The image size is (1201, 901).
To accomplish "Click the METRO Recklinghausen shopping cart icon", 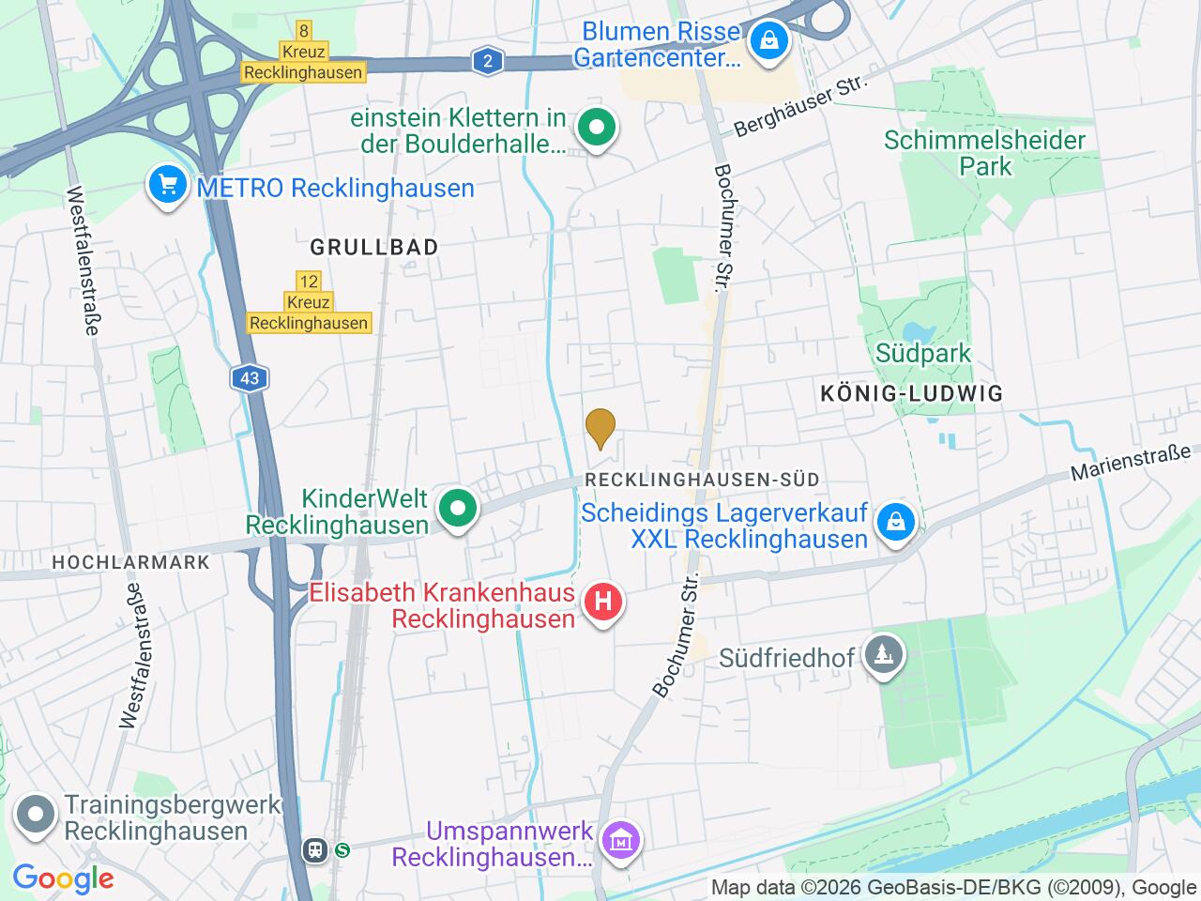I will click(x=168, y=185).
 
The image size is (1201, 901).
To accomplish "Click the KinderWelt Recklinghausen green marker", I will click(x=458, y=510).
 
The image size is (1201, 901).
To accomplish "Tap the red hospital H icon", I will click(x=603, y=602).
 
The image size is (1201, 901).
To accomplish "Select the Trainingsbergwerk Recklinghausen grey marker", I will click(x=36, y=817).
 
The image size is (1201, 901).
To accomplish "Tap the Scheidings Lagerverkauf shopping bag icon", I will click(x=895, y=523).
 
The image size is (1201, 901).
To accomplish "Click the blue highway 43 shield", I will click(x=250, y=379).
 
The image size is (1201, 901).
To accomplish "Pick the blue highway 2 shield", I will click(x=487, y=63).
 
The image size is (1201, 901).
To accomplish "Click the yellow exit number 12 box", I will click(x=308, y=282).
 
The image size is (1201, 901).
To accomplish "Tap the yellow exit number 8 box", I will click(x=302, y=31).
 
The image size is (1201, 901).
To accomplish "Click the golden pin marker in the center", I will click(x=600, y=428).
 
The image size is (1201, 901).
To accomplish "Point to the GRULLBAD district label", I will click(x=374, y=248).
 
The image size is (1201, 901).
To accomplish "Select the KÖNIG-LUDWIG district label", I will click(x=911, y=394).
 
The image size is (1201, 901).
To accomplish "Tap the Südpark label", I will click(x=923, y=354).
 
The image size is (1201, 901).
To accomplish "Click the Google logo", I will click(x=63, y=878).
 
